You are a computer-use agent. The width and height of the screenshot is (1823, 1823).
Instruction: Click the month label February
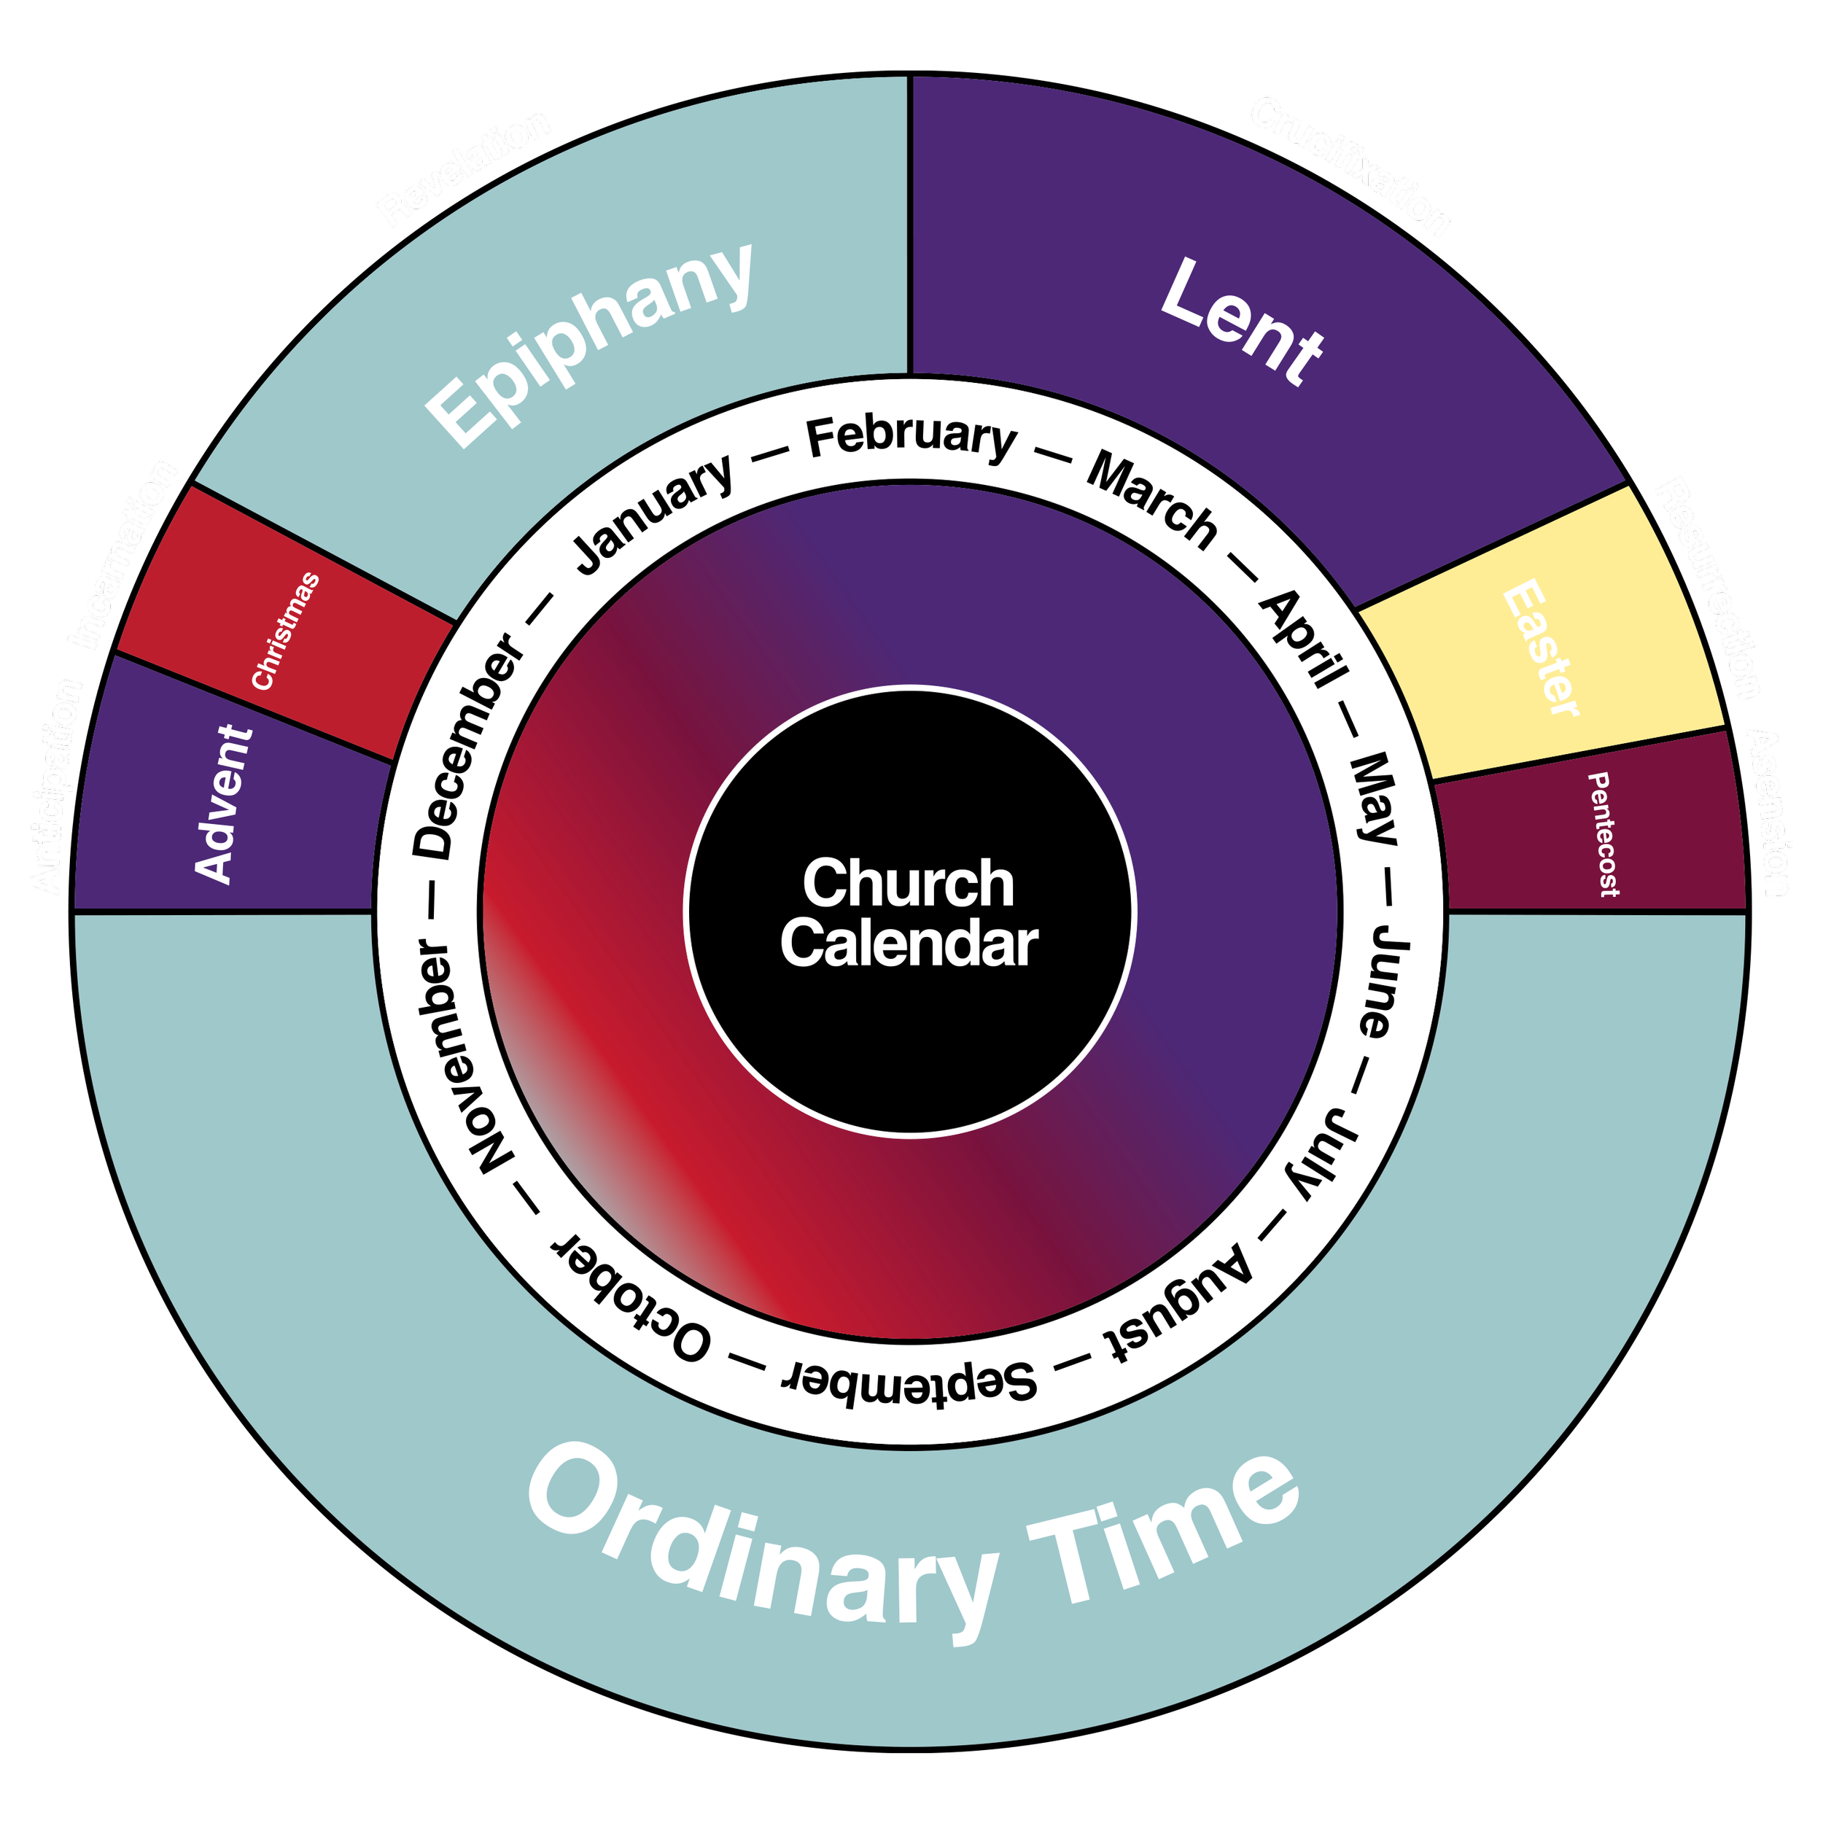[911, 438]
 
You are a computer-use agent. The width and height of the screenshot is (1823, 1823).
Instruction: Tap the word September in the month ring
[909, 1380]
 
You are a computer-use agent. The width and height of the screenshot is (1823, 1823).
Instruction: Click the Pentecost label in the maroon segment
[1603, 834]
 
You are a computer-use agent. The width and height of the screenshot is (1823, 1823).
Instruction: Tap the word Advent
[224, 804]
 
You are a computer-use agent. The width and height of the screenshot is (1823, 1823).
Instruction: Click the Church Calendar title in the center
[909, 912]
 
